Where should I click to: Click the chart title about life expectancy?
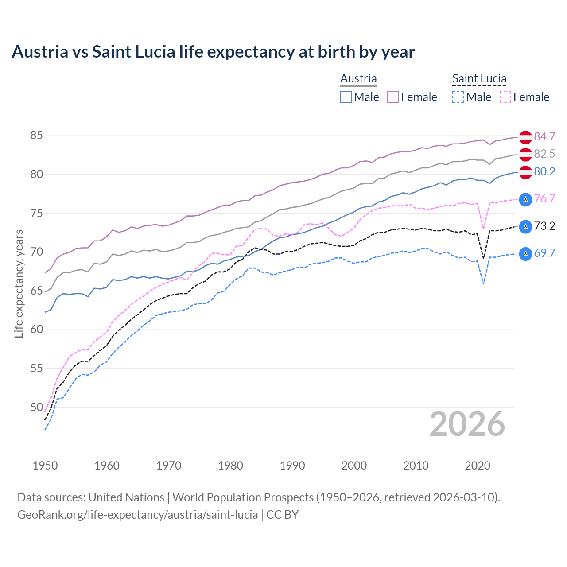[x=213, y=52]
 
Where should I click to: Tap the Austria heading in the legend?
[x=358, y=78]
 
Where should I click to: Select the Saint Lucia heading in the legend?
[x=479, y=78]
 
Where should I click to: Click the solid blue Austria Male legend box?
[x=346, y=97]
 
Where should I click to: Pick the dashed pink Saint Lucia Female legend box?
[x=505, y=97]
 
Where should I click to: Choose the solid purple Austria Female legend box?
[x=393, y=97]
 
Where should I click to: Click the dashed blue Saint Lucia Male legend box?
[x=458, y=97]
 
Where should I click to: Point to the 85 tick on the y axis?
[x=36, y=135]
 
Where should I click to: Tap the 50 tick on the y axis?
[x=36, y=407]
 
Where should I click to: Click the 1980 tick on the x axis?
[x=230, y=466]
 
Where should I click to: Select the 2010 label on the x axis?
[x=416, y=466]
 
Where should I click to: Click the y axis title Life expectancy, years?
[x=19, y=283]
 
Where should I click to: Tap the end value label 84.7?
[x=544, y=136]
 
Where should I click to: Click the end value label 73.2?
[x=544, y=226]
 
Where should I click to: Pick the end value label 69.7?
[x=544, y=253]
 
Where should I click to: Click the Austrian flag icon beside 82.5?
[x=525, y=155]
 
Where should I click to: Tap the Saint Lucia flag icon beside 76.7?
[x=525, y=199]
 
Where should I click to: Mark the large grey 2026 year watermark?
[x=467, y=424]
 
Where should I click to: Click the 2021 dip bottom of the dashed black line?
[x=483, y=258]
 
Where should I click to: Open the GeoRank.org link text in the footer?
[x=137, y=515]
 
